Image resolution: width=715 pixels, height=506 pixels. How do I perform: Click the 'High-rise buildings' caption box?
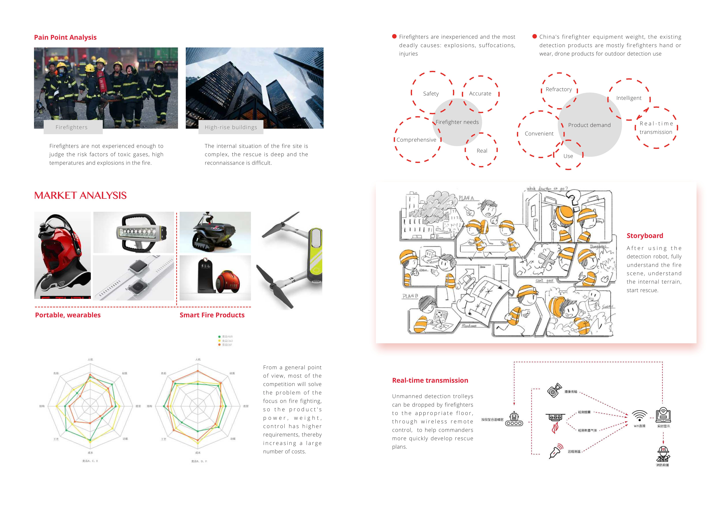click(231, 127)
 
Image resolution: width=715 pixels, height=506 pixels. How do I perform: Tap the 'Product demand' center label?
click(589, 125)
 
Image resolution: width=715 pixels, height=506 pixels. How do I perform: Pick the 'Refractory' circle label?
click(559, 89)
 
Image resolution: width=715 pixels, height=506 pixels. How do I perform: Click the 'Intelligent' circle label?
click(629, 98)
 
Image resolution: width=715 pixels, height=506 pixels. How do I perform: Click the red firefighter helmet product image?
click(62, 255)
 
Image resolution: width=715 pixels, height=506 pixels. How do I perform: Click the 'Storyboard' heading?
click(645, 236)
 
